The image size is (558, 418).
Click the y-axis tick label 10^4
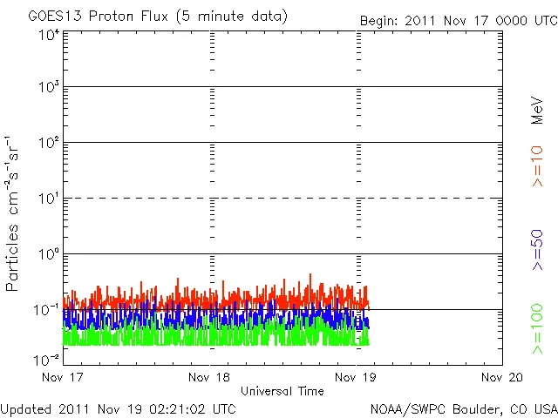click(x=48, y=35)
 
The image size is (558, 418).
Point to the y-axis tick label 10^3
click(x=48, y=87)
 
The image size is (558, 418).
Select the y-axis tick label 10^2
click(x=48, y=143)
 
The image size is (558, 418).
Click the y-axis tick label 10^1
click(x=48, y=199)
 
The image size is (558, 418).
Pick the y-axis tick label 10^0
click(x=48, y=254)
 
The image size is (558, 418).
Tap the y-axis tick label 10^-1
click(x=46, y=309)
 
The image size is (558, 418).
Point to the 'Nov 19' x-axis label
click(x=358, y=377)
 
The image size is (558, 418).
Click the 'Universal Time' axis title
click(x=282, y=391)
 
